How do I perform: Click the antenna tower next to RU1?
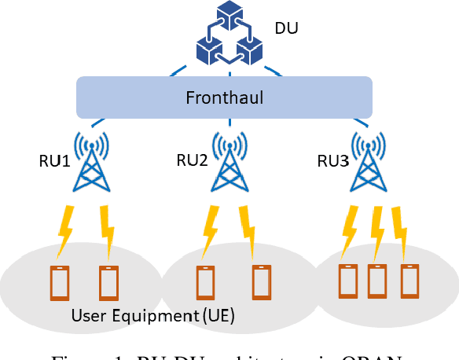(x=91, y=162)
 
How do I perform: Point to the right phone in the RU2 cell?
(x=261, y=281)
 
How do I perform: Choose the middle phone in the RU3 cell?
(x=377, y=281)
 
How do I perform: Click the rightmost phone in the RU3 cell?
(x=407, y=281)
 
